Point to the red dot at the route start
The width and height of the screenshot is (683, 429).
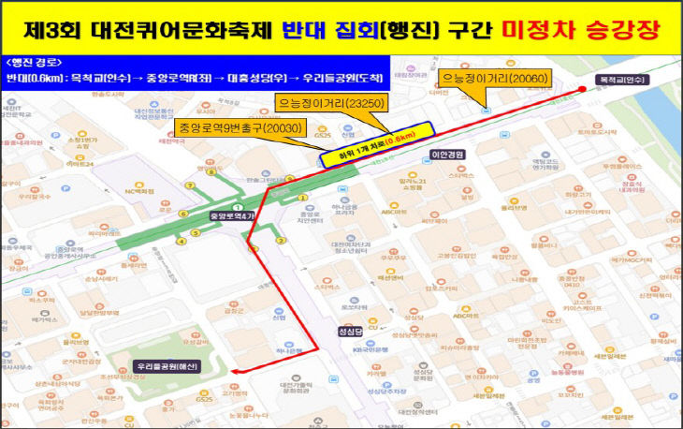click(x=584, y=90)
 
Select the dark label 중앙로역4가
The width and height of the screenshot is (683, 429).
click(x=239, y=216)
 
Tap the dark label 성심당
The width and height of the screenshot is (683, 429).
click(x=350, y=332)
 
